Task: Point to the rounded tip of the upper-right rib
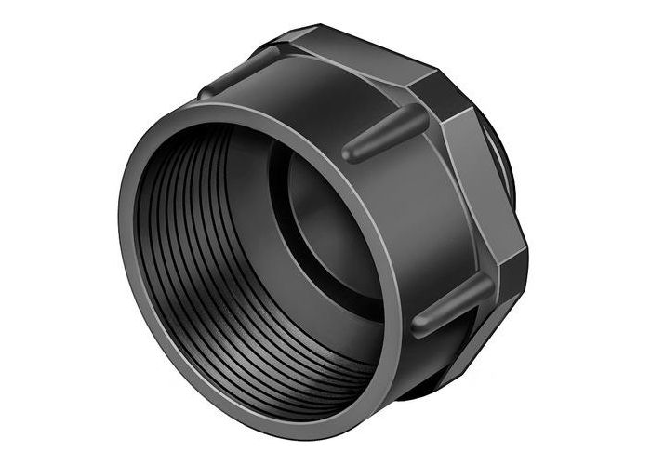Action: click(352, 152)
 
